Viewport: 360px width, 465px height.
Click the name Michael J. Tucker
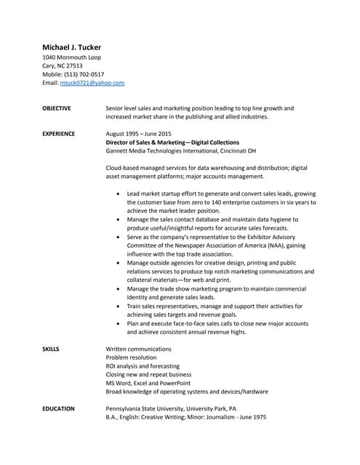(x=71, y=47)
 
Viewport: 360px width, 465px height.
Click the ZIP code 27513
(x=73, y=65)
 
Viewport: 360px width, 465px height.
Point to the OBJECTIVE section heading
(x=57, y=108)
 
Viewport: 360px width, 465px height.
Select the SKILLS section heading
(x=51, y=349)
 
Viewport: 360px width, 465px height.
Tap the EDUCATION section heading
(x=58, y=409)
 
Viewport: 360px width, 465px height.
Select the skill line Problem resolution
(x=131, y=358)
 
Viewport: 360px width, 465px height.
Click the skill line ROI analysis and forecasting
(x=143, y=366)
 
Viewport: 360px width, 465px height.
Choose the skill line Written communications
(x=139, y=349)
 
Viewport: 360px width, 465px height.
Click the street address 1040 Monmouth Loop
(x=72, y=57)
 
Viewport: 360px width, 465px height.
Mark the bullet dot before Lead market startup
(x=119, y=195)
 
